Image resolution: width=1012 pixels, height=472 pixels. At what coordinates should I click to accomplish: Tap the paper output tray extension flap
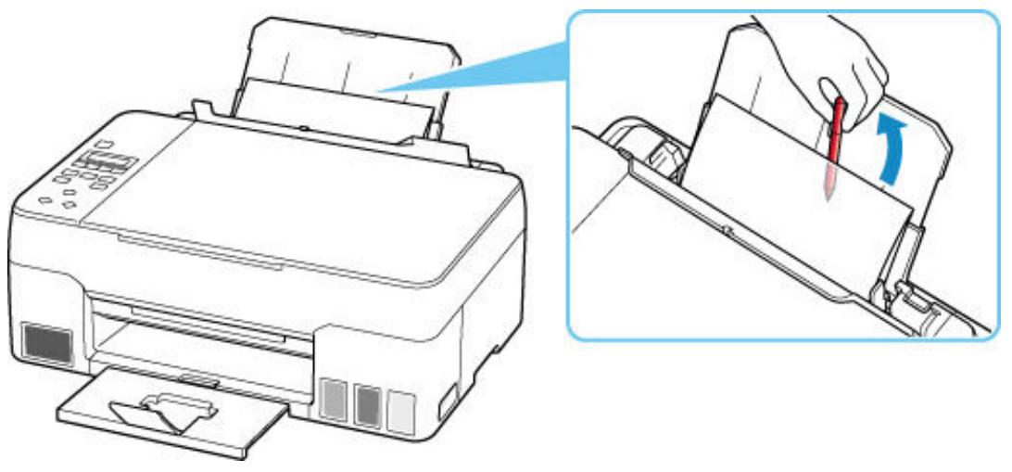point(167,408)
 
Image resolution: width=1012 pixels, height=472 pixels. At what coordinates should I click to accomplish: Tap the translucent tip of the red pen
point(827,181)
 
